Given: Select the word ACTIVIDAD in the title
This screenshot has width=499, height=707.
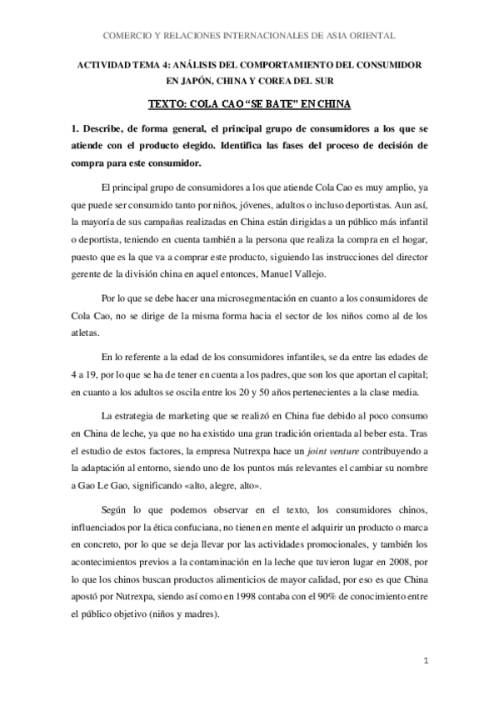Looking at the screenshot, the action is pos(103,63).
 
